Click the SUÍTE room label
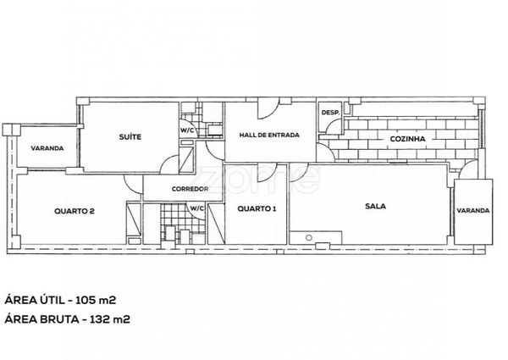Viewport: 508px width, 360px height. click(x=130, y=136)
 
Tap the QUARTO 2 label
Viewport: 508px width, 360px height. click(x=73, y=212)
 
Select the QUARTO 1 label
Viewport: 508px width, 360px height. click(x=256, y=208)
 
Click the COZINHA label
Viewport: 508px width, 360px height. click(x=407, y=138)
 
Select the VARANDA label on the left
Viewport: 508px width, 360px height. click(x=47, y=149)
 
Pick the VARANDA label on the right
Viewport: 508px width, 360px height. click(x=472, y=211)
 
